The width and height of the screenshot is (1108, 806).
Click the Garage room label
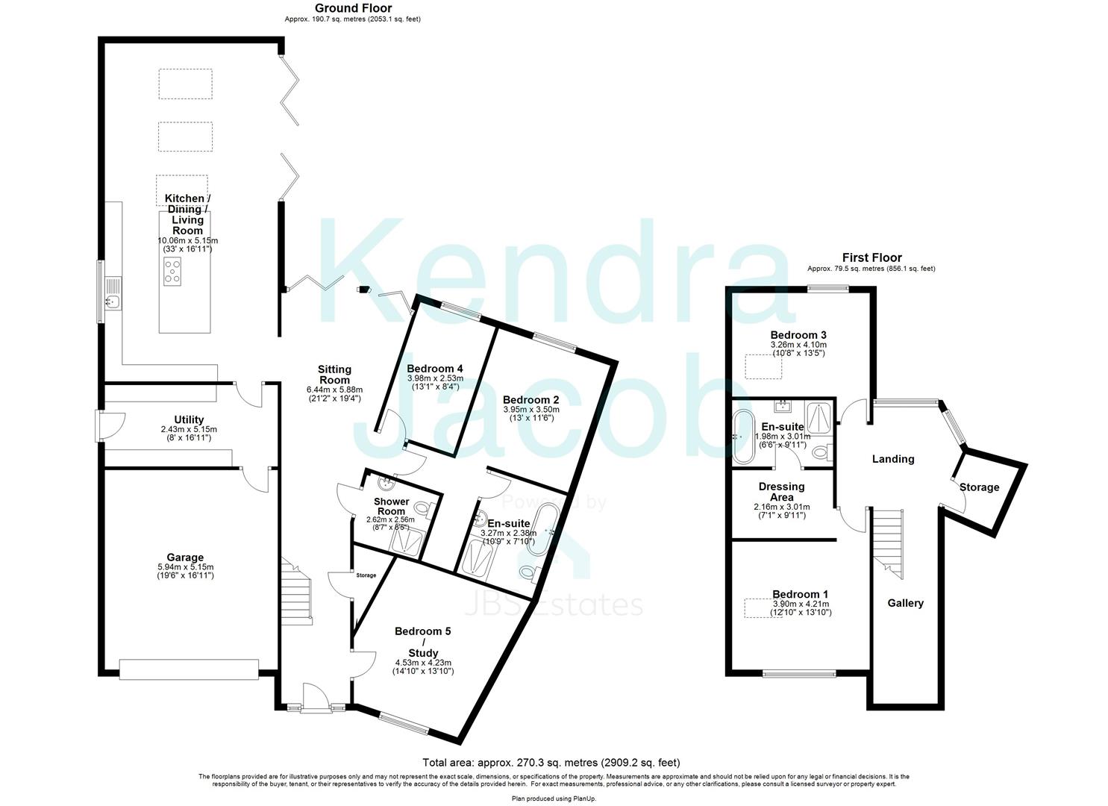point(185,557)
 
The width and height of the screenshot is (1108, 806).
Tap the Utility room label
point(189,420)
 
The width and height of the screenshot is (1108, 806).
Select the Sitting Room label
point(334,375)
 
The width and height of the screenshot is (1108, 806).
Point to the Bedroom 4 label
point(435,369)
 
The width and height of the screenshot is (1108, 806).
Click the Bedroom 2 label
point(530,399)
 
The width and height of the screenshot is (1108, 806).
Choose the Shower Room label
point(391,506)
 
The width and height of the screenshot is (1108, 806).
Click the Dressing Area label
point(781,492)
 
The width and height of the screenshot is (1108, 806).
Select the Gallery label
point(905,603)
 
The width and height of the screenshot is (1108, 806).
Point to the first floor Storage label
point(979,487)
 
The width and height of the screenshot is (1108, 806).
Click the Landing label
point(893,459)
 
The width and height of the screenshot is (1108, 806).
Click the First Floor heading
point(871,257)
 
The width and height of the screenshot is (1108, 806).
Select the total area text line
point(551,763)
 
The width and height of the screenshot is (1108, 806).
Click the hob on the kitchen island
point(172,272)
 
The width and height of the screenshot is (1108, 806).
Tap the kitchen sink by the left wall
point(113,301)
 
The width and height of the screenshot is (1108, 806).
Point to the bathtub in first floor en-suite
point(741,434)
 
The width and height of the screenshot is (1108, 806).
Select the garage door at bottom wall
point(189,669)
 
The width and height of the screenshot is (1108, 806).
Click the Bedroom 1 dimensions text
point(800,608)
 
